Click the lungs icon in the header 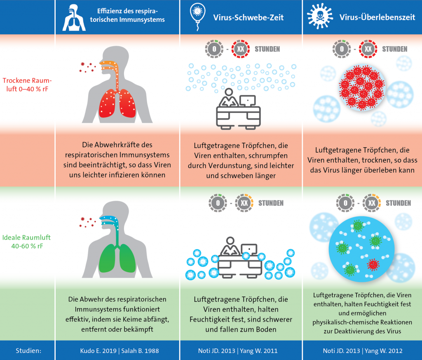coord(74,17)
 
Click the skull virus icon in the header coord(320,16)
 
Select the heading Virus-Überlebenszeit coord(377,17)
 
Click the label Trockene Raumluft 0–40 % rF coord(27,85)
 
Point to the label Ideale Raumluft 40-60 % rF coord(26,242)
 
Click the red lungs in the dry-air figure coord(117,103)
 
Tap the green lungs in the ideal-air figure coord(117,258)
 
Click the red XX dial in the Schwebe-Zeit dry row coord(241,49)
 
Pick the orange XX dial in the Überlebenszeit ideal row coord(372,203)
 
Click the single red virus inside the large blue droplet coord(373,265)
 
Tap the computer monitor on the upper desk coord(248,101)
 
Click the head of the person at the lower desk coord(230,240)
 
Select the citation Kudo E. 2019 coord(98,351)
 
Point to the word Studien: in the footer coord(28,351)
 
